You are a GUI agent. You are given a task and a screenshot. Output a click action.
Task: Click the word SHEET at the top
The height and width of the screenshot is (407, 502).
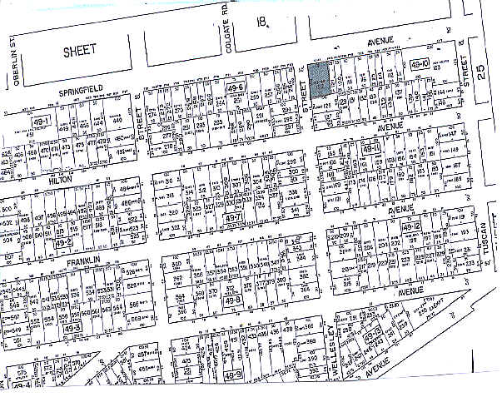pyautogui.click(x=79, y=50)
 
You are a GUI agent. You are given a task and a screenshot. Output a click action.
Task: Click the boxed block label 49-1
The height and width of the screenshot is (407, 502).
pyautogui.click(x=42, y=121)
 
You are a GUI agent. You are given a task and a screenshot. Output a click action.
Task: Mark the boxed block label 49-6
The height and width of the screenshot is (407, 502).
pyautogui.click(x=233, y=87)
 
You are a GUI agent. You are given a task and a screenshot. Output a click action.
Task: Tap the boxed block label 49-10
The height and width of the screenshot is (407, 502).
pyautogui.click(x=420, y=65)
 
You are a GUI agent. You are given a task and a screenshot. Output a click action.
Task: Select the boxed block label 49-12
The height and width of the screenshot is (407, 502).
pyautogui.click(x=412, y=226)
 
